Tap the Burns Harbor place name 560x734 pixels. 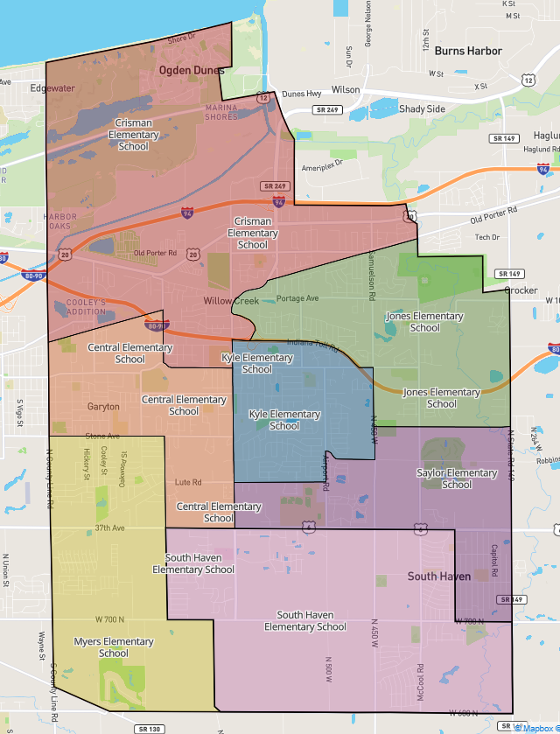click(468, 51)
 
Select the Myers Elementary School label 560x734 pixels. click(114, 647)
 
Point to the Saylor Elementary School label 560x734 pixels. click(457, 479)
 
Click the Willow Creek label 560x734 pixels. click(232, 301)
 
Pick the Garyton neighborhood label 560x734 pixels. click(103, 407)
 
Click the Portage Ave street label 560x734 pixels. click(298, 298)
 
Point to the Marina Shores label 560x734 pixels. click(221, 112)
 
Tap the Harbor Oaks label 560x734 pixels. click(60, 221)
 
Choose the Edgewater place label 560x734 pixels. click(52, 88)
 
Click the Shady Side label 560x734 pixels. click(422, 109)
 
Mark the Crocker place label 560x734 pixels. click(521, 290)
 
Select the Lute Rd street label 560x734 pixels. click(188, 482)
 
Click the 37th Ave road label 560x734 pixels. click(110, 528)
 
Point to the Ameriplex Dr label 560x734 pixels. click(323, 165)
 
